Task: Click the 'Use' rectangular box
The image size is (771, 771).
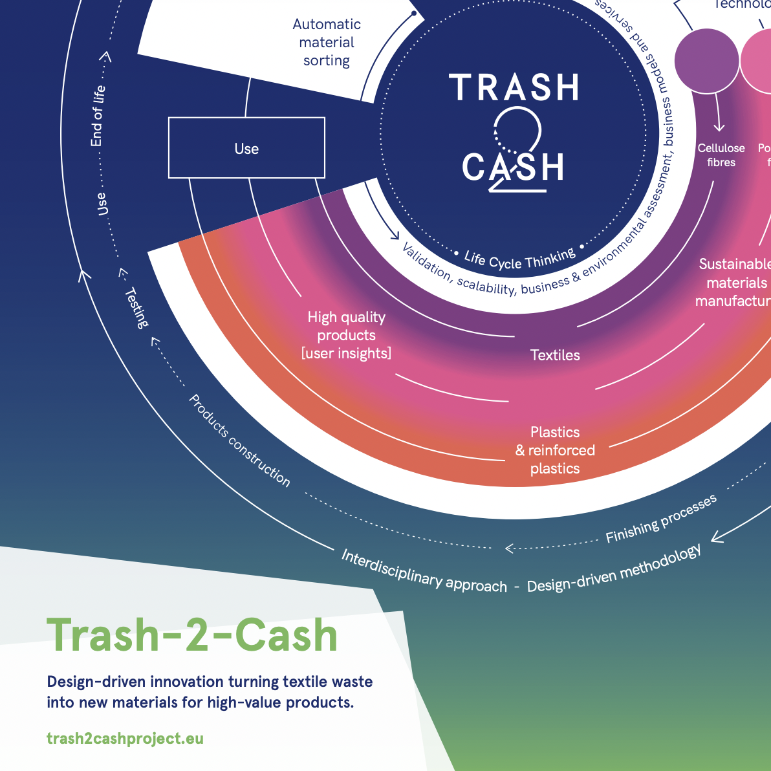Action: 246,148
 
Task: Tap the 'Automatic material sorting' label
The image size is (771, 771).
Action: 327,43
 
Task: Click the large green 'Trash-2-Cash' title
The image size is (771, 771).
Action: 192,635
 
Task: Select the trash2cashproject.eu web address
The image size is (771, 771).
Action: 125,739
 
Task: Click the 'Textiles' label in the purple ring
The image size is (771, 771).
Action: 555,355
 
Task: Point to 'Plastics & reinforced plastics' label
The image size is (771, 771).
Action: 555,450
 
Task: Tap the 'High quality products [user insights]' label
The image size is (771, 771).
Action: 346,335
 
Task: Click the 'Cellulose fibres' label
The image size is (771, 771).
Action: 721,155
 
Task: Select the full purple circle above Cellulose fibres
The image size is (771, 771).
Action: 706,61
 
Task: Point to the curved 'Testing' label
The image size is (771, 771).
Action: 136,307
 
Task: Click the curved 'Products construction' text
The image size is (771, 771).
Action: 239,440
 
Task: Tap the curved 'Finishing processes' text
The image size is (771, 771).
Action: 661,519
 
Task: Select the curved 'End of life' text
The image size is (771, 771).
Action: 97,116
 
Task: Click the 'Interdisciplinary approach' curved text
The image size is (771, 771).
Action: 424,571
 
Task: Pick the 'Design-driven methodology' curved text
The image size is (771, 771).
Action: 614,569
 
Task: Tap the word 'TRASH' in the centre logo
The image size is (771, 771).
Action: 514,88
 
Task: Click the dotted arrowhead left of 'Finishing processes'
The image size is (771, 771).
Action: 509,548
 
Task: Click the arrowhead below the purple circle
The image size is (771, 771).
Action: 719,127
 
